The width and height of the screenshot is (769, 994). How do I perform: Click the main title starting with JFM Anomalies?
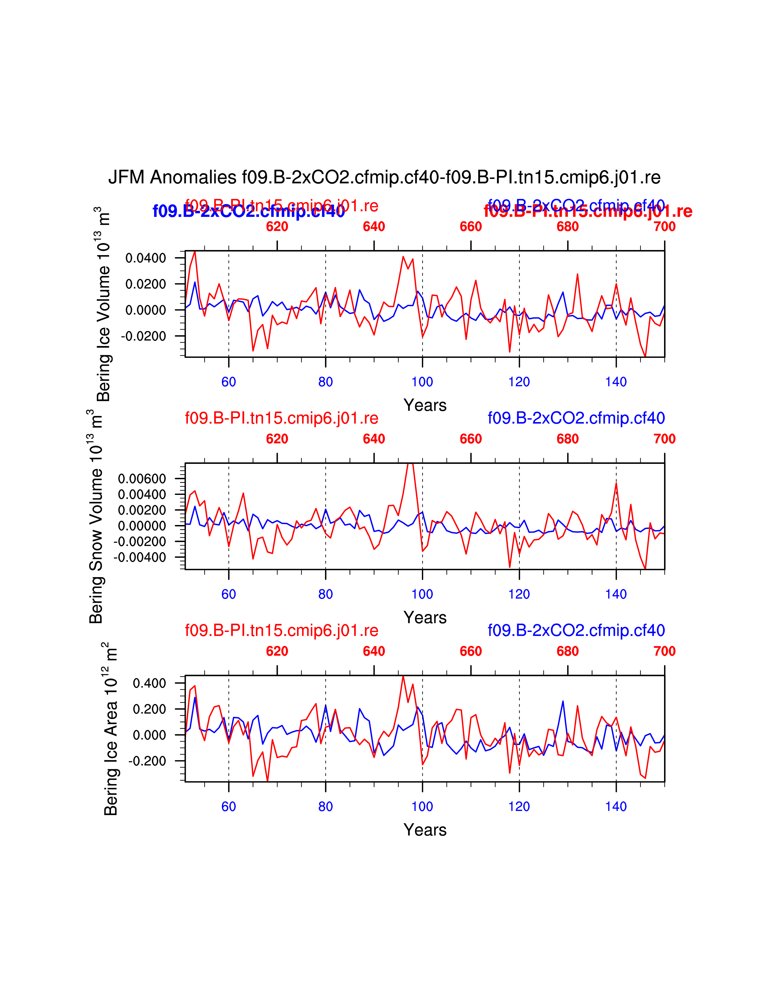point(384,177)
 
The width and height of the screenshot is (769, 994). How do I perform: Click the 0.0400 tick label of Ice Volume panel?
point(145,258)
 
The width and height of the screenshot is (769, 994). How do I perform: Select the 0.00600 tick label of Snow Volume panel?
point(142,479)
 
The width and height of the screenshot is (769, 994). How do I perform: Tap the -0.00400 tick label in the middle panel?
point(139,557)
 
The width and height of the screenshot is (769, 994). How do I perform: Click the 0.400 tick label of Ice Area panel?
point(149,683)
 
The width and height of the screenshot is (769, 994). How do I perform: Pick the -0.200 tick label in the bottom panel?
point(147,761)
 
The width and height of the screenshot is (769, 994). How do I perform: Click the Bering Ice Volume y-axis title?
point(103,304)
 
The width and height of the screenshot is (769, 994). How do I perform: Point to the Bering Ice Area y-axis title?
point(111,729)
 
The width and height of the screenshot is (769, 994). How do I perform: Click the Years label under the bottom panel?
point(425,830)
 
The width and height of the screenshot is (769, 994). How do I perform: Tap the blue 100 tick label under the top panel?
point(422,382)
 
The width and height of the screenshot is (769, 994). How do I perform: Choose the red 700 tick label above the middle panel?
point(664,439)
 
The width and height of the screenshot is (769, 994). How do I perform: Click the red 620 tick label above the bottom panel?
point(277,651)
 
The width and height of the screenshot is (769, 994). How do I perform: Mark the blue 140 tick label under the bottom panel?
point(616,806)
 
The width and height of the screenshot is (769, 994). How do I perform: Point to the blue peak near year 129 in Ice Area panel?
point(563,701)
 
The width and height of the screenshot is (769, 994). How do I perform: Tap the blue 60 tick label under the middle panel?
point(229,594)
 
